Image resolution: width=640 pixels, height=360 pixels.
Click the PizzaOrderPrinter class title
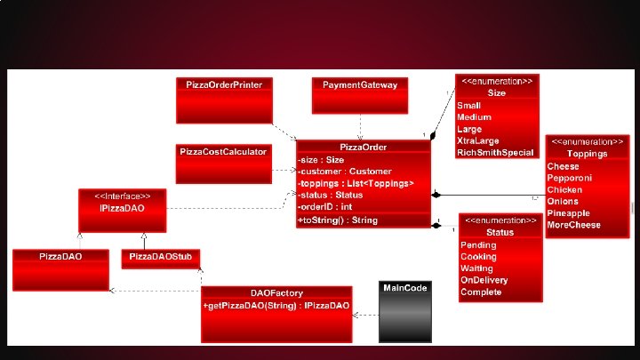coord(225,84)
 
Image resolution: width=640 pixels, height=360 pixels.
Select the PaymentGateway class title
coord(360,84)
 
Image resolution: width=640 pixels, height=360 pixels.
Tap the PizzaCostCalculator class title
coord(223,152)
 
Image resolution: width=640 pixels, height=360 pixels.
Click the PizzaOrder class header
coord(363,147)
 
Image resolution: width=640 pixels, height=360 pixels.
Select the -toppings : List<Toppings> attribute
coord(356,183)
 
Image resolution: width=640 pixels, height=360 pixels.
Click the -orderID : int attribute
coord(326,206)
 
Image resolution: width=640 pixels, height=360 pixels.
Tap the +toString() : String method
coord(339,220)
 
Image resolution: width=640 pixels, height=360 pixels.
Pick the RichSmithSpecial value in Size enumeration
coord(495,153)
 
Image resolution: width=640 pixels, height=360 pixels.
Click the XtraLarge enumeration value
coord(478,140)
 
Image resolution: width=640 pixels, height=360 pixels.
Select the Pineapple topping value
coord(569,213)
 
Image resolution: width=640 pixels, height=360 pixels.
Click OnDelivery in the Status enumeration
coord(483,280)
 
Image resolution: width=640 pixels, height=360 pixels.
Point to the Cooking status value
coord(478,256)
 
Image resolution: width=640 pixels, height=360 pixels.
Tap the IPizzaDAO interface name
coord(121,208)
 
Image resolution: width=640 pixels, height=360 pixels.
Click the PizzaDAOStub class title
coord(160,256)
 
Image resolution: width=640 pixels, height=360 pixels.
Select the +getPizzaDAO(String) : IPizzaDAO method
coord(276,306)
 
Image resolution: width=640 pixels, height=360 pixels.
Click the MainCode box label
coord(405,288)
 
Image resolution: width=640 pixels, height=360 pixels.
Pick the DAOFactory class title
coord(276,293)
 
